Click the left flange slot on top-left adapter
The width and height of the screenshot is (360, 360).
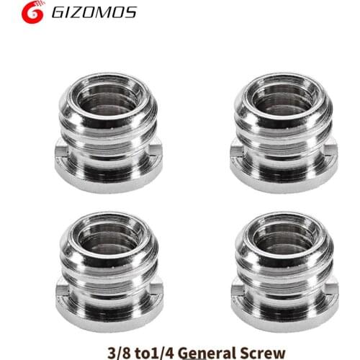coord(61,151)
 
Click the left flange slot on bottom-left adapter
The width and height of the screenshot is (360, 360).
coord(61,291)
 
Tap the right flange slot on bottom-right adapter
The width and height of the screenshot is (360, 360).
coord(328,291)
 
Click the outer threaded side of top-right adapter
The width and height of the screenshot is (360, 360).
coord(281,133)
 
